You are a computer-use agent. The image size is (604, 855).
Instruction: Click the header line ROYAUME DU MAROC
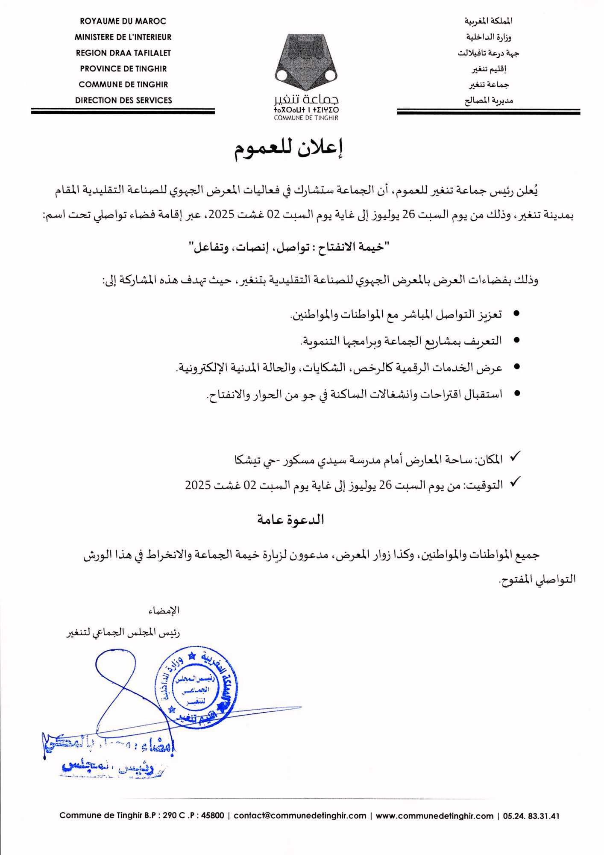click(x=123, y=21)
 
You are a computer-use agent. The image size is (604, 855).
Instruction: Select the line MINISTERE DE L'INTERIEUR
click(x=123, y=37)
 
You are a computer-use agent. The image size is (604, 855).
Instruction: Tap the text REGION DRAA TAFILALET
click(x=123, y=53)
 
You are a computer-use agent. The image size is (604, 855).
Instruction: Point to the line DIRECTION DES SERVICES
click(x=123, y=100)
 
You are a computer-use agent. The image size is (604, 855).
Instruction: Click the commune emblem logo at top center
click(x=306, y=62)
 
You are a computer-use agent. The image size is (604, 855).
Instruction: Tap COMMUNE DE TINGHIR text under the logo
click(x=306, y=118)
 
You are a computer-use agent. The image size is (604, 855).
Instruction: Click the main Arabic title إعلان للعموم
click(x=289, y=148)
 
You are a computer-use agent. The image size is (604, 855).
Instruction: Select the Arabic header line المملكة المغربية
click(x=488, y=21)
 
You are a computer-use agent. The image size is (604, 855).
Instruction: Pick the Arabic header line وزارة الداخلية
click(x=488, y=37)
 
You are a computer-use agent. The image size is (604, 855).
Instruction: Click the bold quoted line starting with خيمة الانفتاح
click(x=289, y=248)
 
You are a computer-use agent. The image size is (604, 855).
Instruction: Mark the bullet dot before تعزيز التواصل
click(x=516, y=314)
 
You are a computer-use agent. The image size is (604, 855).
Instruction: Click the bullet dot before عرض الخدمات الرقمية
click(x=516, y=367)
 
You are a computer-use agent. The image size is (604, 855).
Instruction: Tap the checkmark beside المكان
click(x=515, y=457)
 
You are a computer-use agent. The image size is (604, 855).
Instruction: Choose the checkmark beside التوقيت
click(x=515, y=482)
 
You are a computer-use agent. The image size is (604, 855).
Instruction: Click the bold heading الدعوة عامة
click(x=290, y=519)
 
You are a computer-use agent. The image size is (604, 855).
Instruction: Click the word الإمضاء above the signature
click(x=164, y=610)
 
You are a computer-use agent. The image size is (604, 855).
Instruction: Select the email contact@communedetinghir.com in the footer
click(x=300, y=815)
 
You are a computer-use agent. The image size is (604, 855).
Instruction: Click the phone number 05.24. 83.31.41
click(x=531, y=815)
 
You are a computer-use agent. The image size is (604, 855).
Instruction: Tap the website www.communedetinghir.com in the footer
click(x=434, y=815)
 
